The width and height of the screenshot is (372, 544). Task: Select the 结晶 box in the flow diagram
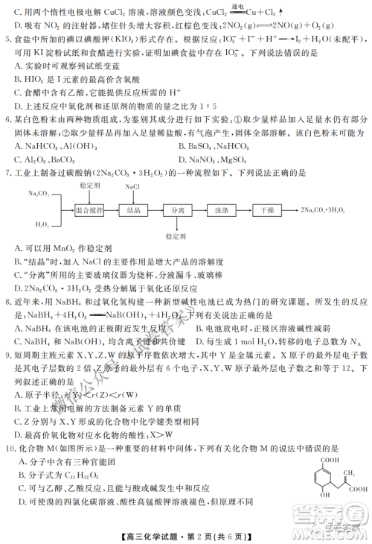[134, 211]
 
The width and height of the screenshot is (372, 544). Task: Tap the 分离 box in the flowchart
[177, 211]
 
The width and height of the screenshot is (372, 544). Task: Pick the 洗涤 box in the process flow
[221, 211]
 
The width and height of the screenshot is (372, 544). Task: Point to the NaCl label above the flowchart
[132, 186]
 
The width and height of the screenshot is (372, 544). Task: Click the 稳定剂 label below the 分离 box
[176, 235]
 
